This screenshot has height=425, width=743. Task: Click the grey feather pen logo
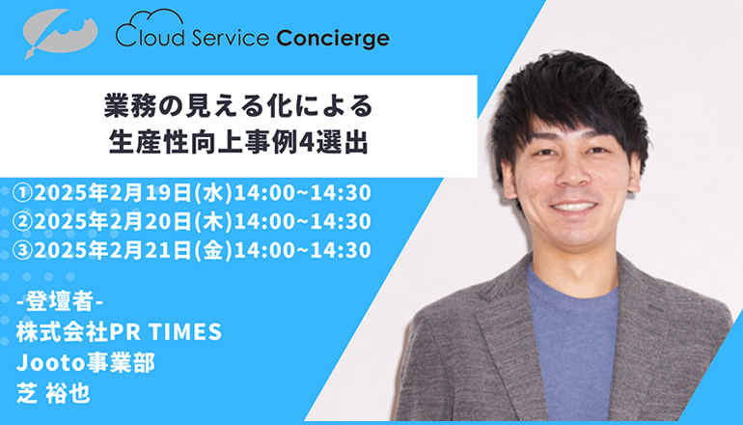(60, 33)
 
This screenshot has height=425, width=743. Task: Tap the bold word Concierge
(333, 38)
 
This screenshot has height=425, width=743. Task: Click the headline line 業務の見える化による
(239, 106)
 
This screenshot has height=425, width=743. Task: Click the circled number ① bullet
(23, 193)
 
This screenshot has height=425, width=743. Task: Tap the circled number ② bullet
(23, 221)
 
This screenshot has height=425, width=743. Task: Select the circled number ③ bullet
(23, 250)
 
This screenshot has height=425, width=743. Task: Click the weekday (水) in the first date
(212, 193)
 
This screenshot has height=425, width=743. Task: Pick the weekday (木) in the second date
(212, 221)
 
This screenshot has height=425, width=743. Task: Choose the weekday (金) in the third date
(212, 250)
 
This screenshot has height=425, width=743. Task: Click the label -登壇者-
(60, 301)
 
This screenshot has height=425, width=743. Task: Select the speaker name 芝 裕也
(53, 393)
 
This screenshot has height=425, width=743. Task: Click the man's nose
(572, 174)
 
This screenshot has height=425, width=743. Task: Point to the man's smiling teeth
(574, 207)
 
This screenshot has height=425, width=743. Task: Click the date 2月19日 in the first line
(151, 193)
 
